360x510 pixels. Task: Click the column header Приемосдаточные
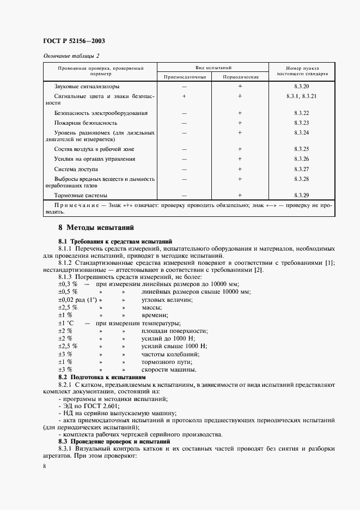click(185, 77)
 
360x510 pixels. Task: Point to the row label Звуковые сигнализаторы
click(87, 87)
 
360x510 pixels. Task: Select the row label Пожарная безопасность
click(86, 123)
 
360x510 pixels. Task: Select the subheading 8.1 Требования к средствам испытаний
click(115, 240)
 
